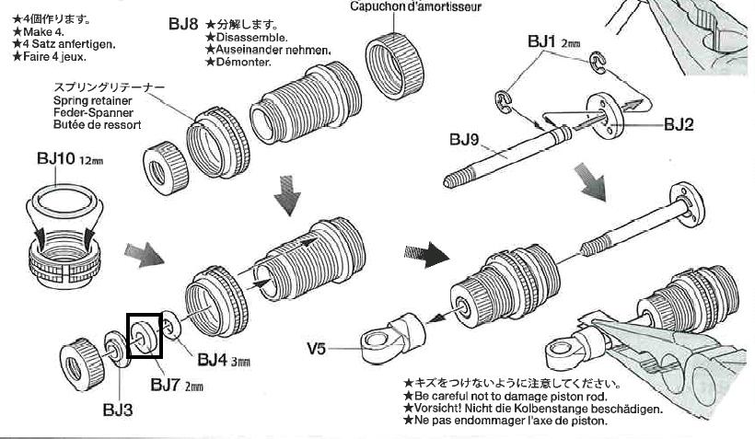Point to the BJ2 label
[682, 123]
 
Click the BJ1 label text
[542, 41]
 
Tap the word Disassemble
[243, 38]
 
